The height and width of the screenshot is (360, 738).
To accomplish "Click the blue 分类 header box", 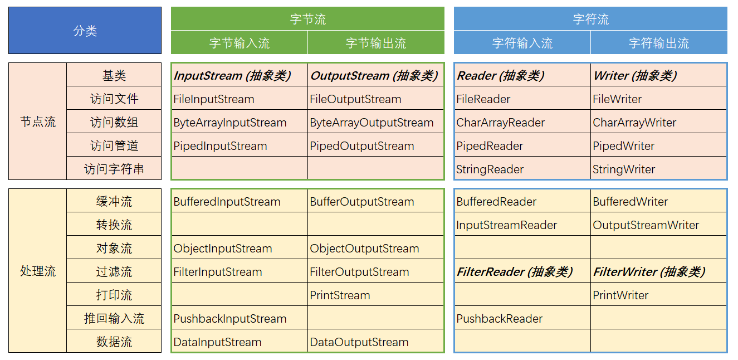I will click(85, 31).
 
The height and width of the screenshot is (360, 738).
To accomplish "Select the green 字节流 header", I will click(307, 19).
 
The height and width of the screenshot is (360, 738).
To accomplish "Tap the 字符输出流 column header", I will click(659, 43).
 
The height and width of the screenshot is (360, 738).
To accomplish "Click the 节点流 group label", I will click(38, 121).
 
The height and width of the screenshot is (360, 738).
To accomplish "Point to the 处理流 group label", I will click(38, 271).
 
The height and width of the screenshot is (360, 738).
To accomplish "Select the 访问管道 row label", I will click(114, 146).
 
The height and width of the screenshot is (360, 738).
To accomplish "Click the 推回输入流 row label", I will click(114, 319).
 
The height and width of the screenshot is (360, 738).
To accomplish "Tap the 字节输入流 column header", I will click(240, 43).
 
